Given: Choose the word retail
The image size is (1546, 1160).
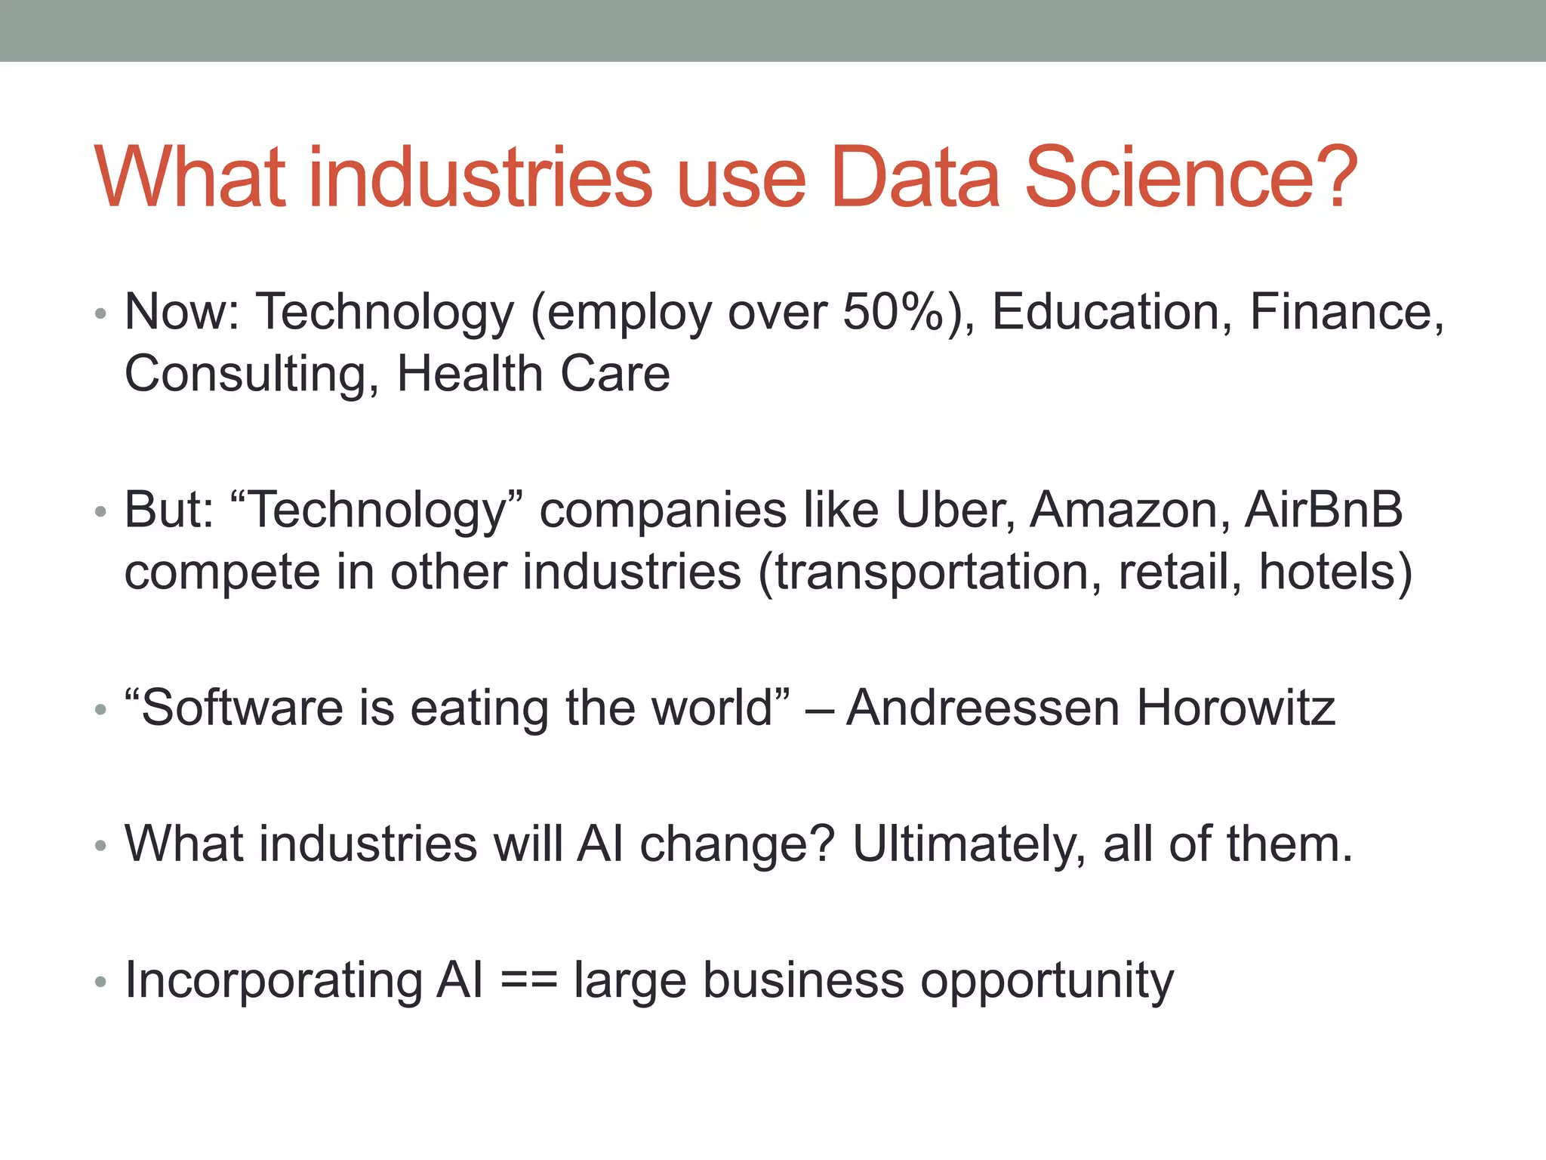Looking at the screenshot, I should click(1179, 572).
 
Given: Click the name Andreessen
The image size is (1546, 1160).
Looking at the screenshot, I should click(982, 708).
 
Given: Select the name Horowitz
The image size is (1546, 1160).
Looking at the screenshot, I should click(1236, 708).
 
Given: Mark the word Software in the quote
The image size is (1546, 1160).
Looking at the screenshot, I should click(242, 708).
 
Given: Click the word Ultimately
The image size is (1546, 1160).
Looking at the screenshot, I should click(969, 844).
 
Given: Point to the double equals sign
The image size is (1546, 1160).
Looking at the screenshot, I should click(528, 981).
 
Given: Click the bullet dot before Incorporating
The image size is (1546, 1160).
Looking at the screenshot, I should click(101, 983).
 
